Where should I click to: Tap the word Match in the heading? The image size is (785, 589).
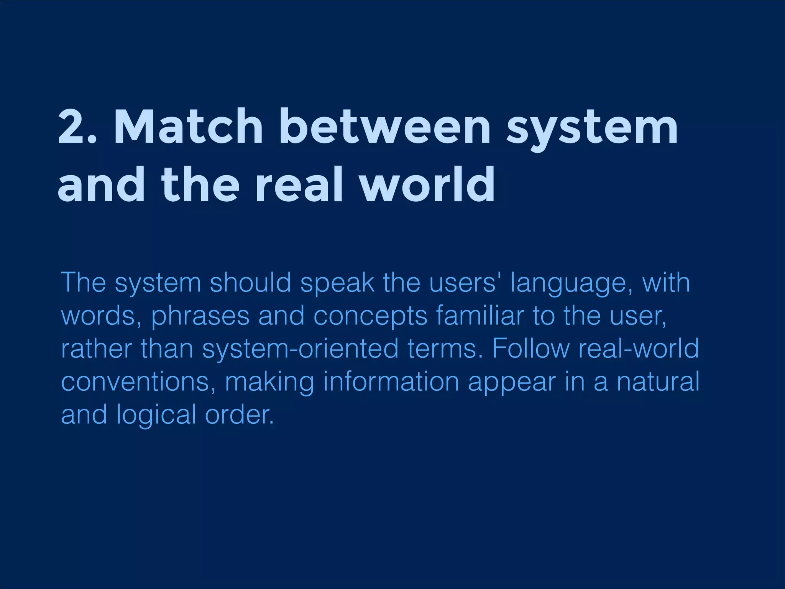(188, 127)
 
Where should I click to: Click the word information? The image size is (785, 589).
(391, 382)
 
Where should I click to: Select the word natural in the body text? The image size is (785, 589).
(658, 382)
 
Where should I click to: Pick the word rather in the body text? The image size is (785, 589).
(96, 349)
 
